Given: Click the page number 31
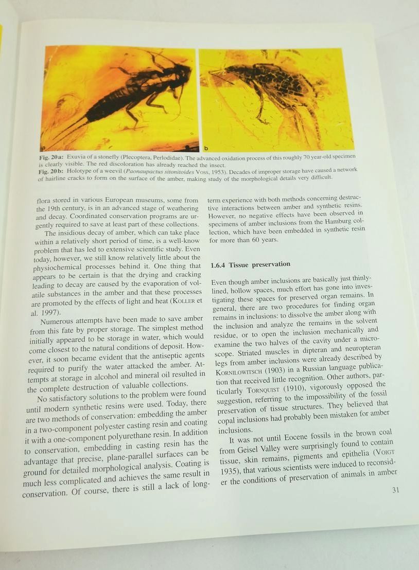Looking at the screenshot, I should coord(395,490).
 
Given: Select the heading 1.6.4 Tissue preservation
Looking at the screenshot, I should coord(251,264).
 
